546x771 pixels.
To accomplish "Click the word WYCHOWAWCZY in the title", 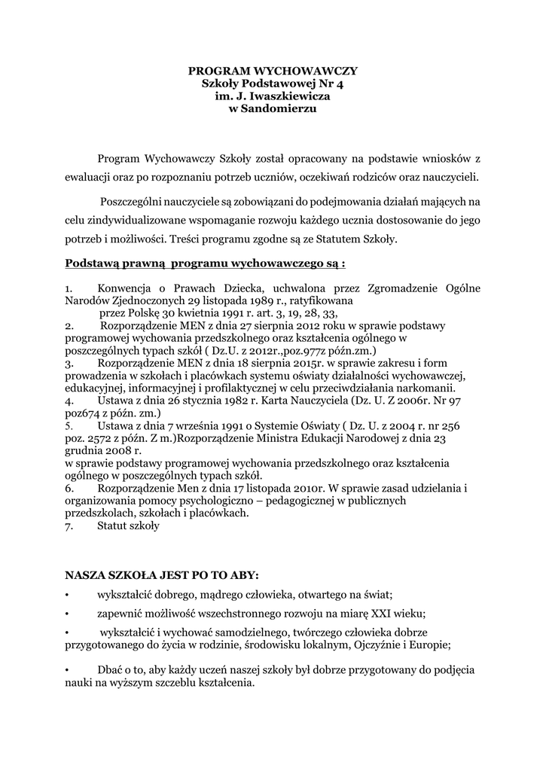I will (309, 70).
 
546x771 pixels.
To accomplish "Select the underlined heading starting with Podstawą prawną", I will (206, 264).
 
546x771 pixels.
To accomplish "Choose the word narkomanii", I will (429, 388).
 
